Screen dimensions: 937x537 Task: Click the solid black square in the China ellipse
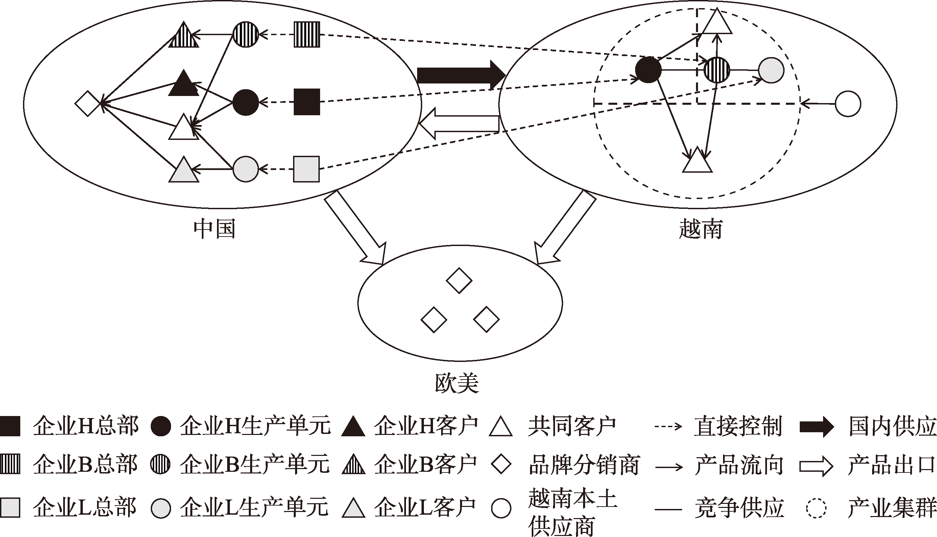pos(307,102)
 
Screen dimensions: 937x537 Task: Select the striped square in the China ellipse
pos(307,34)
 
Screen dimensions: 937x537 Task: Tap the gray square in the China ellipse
pos(306,169)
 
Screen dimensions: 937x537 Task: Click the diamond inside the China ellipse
pos(88,104)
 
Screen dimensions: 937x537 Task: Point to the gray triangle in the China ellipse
pos(184,170)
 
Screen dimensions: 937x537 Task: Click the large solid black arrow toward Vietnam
pos(461,76)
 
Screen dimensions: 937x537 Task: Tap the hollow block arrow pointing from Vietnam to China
pos(459,124)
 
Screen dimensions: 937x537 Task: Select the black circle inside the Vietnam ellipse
pos(648,70)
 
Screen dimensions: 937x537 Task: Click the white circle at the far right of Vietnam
pos(848,104)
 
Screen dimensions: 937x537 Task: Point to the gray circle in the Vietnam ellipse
pos(771,70)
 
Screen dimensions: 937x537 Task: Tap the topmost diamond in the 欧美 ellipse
pos(459,281)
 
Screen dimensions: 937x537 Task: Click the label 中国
pos(214,229)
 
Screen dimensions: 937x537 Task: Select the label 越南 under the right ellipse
pos(700,229)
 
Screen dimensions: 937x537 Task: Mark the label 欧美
pos(457,383)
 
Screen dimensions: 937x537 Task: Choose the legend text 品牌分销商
pos(584,465)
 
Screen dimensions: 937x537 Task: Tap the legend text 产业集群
pos(892,508)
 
